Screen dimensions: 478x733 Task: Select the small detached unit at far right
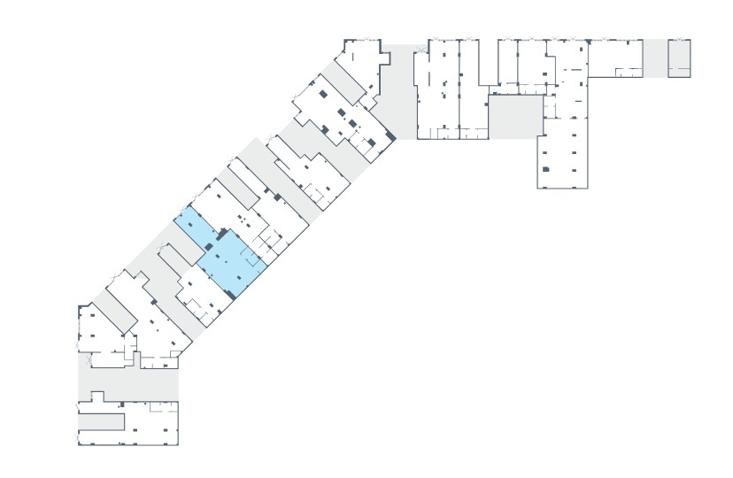click(679, 58)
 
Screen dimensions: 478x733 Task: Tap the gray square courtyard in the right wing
click(516, 117)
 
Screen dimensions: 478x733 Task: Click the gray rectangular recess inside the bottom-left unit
click(100, 419)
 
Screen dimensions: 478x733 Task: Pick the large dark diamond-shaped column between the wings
click(390, 136)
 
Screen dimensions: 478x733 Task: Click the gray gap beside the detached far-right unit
click(655, 58)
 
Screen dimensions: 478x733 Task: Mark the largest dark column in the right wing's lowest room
click(546, 168)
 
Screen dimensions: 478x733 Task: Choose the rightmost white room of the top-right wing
click(616, 58)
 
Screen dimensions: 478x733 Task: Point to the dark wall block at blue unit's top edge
click(222, 235)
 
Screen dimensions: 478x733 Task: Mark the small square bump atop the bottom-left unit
click(98, 396)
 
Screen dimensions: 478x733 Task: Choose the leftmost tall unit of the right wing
click(436, 89)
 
